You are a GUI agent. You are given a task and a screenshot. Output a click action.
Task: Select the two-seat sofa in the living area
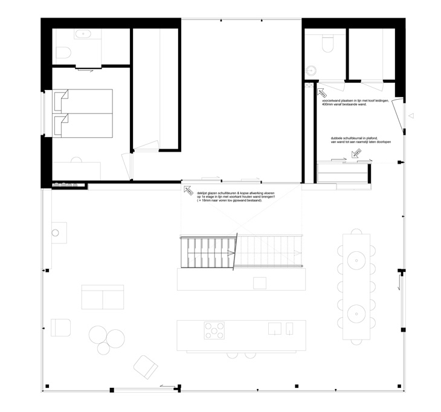102,298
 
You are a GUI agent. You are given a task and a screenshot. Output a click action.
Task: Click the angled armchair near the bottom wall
145,365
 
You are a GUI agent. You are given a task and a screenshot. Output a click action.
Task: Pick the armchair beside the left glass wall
61,327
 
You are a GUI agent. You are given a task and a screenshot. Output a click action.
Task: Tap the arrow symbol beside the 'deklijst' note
188,190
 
